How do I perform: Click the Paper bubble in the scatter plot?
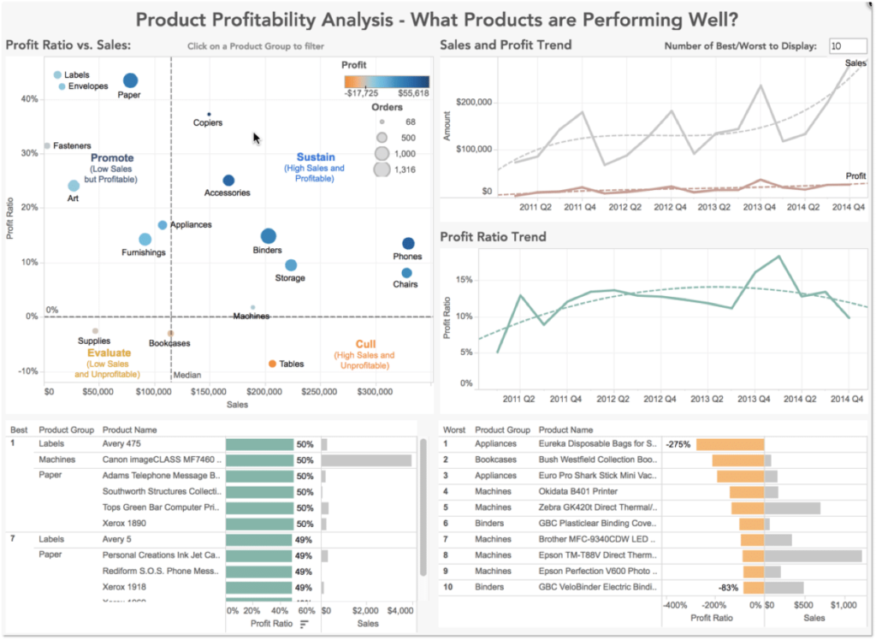130,80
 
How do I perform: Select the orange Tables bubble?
272,364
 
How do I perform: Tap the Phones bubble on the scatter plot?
408,244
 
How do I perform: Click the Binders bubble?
269,236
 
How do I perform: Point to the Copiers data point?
209,114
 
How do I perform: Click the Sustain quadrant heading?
316,157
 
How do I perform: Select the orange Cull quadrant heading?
365,345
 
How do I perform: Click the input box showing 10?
847,46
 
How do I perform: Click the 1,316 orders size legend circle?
382,169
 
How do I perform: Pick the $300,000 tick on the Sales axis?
375,391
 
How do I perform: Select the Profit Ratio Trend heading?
492,237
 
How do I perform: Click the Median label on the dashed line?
187,375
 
